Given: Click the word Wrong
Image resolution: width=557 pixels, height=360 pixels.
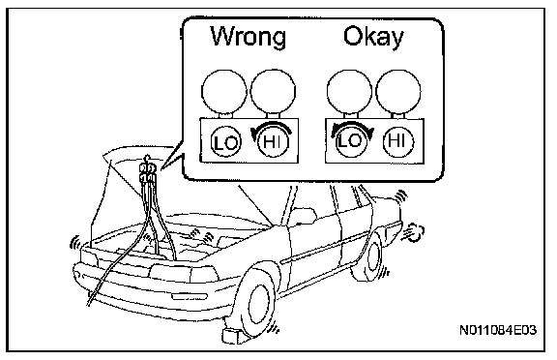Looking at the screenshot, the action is pyautogui.click(x=248, y=36).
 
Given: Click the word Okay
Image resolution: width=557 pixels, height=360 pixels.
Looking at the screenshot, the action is pyautogui.click(x=373, y=37).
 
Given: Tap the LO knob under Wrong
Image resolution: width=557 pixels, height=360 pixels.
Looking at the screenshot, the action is pyautogui.click(x=226, y=142).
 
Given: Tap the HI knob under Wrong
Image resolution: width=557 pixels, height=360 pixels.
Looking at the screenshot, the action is pyautogui.click(x=273, y=142).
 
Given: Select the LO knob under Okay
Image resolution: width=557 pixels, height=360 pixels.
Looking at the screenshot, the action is pyautogui.click(x=351, y=142).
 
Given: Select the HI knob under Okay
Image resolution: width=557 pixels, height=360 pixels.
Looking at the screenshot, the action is pyautogui.click(x=398, y=142).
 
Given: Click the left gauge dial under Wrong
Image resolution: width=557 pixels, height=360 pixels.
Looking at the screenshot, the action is pyautogui.click(x=224, y=91).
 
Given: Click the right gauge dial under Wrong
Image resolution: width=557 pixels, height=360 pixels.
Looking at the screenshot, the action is pyautogui.click(x=273, y=91).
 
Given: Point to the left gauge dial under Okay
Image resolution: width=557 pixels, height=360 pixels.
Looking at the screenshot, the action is pyautogui.click(x=349, y=91).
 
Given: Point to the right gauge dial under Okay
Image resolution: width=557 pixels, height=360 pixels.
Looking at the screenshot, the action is pyautogui.click(x=398, y=91).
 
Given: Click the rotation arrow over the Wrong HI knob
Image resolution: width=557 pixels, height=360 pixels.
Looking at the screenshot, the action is pyautogui.click(x=273, y=123).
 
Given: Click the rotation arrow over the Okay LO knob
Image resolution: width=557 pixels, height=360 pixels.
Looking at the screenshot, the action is pyautogui.click(x=352, y=123).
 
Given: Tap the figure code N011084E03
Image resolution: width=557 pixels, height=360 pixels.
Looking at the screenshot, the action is pyautogui.click(x=498, y=331).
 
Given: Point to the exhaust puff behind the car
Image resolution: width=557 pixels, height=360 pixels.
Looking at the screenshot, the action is pyautogui.click(x=414, y=232).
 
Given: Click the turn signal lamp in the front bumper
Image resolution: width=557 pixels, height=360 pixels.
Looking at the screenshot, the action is pyautogui.click(x=190, y=296).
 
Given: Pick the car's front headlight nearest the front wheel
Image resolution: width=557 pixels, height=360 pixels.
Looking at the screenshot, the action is pyautogui.click(x=204, y=275).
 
